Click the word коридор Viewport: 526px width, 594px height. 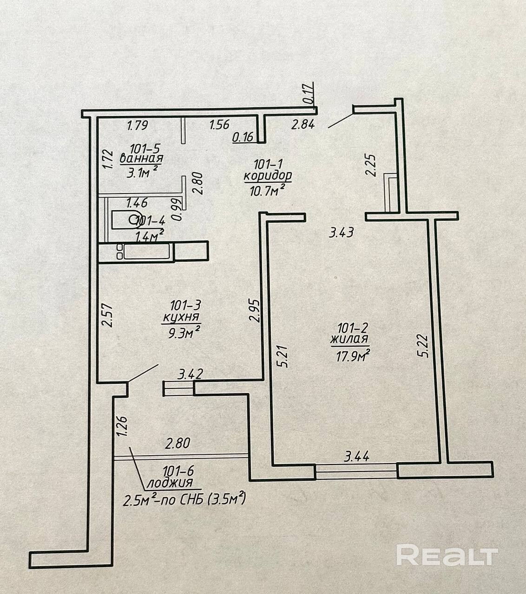coord(267,176)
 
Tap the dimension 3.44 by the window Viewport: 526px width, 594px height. coord(356,457)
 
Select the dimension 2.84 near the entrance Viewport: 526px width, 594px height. coord(303,124)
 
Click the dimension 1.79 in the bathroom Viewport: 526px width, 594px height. coord(137,125)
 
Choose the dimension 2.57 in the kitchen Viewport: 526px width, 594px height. coord(108,315)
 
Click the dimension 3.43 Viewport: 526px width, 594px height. coord(341,232)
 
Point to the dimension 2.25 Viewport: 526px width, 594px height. coord(370,165)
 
